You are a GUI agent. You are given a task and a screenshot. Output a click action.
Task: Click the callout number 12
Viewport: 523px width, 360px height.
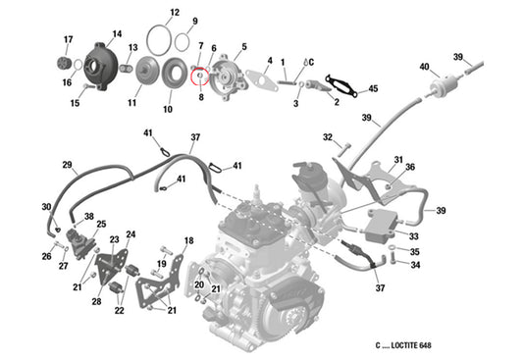click(174, 14)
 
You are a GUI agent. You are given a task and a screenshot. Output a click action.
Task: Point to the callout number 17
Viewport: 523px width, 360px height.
click(68, 39)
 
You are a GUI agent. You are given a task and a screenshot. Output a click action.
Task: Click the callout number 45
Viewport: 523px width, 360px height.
click(372, 90)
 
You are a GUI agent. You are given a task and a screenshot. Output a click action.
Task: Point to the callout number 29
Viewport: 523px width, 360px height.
click(68, 164)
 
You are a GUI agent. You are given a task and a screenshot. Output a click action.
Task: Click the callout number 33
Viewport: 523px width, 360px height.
click(413, 235)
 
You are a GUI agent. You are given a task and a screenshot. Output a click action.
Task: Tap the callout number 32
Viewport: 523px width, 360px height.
click(329, 136)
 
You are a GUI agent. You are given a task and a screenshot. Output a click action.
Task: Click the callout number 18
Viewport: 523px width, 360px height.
click(188, 240)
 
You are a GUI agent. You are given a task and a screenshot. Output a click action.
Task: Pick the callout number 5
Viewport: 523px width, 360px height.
click(243, 46)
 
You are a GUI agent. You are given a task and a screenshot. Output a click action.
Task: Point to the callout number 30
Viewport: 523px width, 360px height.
click(45, 206)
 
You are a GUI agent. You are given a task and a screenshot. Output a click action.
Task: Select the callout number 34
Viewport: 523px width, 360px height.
click(415, 265)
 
